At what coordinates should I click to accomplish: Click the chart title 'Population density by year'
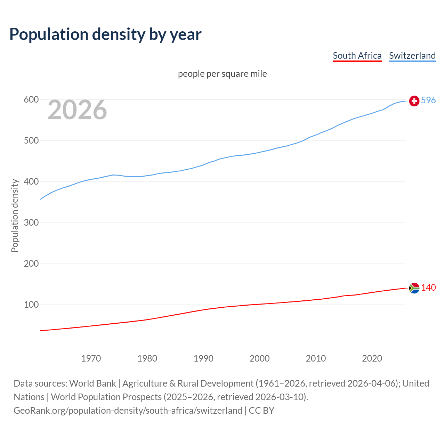coord(105,34)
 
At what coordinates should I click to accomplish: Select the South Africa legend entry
coord(357,56)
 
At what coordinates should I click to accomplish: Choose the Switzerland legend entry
coord(412,56)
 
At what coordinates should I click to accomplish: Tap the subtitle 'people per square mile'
coord(222,74)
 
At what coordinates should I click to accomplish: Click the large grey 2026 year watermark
coord(77,110)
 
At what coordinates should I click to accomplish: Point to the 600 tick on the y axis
coord(31,100)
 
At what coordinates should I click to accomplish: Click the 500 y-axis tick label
coord(31,141)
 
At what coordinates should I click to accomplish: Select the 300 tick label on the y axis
coord(31,222)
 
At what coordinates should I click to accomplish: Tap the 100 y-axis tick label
coord(31,305)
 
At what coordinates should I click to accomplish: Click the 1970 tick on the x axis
coord(91,358)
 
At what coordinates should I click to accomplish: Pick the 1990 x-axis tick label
coord(203,358)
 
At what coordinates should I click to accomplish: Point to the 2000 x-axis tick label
coord(259,358)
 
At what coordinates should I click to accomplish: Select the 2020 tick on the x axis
coord(372,358)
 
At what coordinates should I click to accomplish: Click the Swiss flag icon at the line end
coord(414,101)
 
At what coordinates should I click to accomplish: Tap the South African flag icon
coord(414,288)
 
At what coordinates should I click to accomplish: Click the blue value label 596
coord(428,100)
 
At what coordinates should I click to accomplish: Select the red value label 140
coord(428,288)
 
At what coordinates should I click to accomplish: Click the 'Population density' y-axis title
coord(15,216)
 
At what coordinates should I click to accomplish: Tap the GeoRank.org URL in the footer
coord(128,411)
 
